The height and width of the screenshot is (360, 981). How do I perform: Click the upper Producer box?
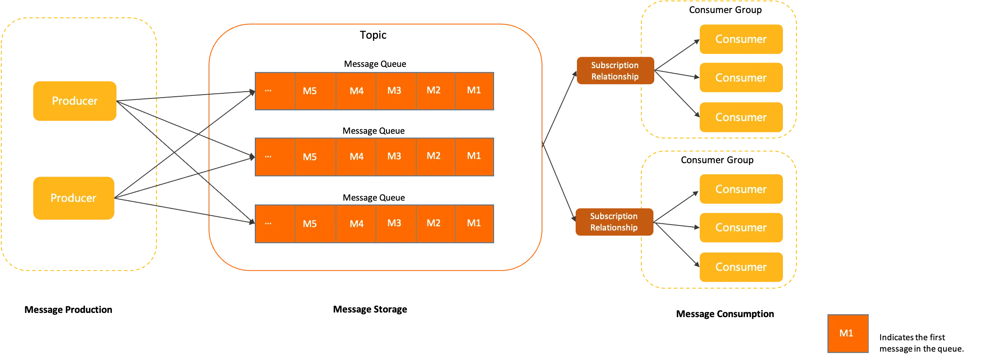coord(74,101)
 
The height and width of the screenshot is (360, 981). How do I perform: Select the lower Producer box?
coord(73,198)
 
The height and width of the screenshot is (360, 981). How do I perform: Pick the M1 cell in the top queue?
coord(474,91)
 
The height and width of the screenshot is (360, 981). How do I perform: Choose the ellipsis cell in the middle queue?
coord(275,156)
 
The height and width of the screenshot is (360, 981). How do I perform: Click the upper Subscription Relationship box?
coord(615,71)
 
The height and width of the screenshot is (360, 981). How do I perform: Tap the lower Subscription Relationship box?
coord(614,222)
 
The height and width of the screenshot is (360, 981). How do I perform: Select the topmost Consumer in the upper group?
coord(741,39)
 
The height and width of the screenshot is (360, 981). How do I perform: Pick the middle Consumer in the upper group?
coord(741,78)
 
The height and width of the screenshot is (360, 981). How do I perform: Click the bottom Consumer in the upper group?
coord(741,117)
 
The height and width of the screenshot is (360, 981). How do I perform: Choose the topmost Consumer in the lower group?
coord(741,189)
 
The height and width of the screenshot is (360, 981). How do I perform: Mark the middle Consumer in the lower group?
coord(741,228)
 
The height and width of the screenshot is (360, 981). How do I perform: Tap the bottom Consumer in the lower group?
coord(741,267)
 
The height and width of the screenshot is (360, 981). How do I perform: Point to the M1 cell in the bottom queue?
coord(474,223)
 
